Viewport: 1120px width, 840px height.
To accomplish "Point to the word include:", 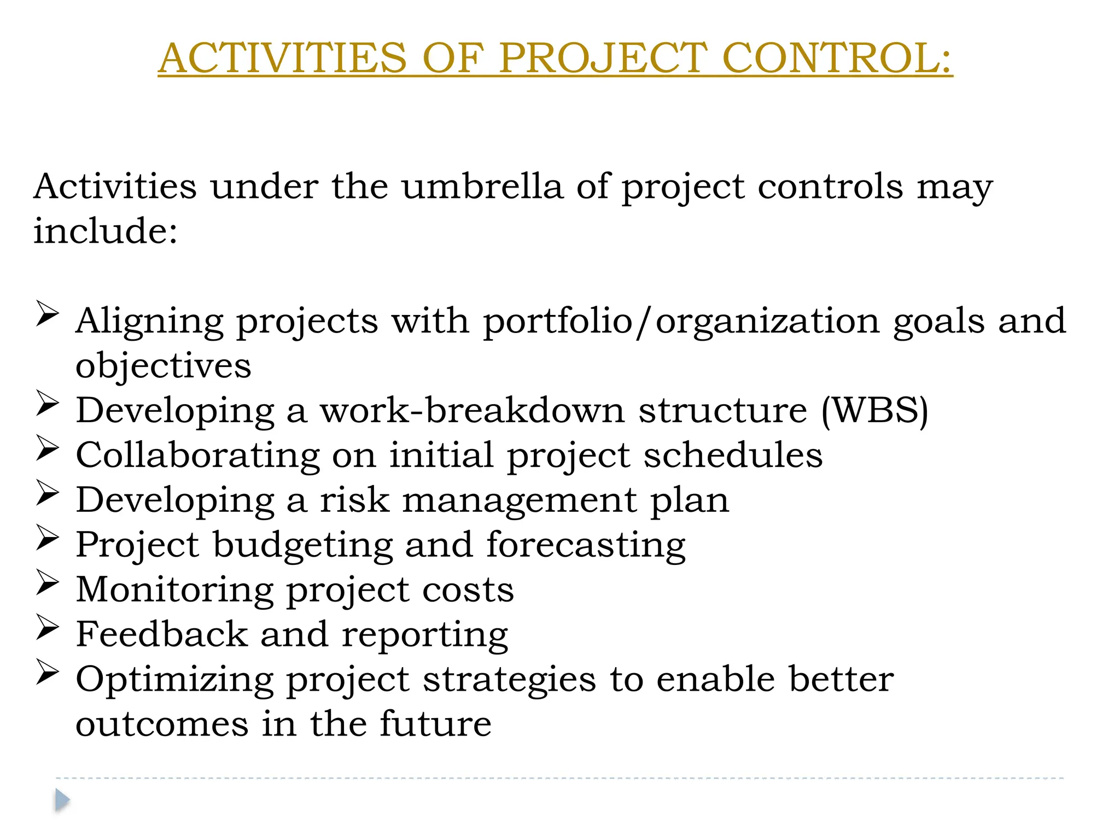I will (106, 231).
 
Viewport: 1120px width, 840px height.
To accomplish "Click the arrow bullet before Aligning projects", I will (48, 314).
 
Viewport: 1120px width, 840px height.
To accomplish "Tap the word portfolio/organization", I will (681, 321).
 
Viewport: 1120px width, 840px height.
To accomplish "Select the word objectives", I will (163, 366).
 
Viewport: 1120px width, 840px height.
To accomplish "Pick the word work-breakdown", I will (472, 410).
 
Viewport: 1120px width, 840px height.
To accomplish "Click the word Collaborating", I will (197, 455).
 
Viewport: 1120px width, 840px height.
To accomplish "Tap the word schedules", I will (733, 455).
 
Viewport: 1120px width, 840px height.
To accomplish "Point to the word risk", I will (354, 500).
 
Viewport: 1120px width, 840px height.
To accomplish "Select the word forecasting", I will (586, 545).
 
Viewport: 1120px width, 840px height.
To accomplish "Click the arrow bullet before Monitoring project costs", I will (48, 582).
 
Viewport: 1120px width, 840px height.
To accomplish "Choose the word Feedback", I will (162, 634).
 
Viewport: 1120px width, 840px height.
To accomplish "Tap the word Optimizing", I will (174, 680).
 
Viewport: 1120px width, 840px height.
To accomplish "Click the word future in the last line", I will (435, 724).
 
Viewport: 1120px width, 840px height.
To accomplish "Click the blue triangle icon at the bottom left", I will (62, 800).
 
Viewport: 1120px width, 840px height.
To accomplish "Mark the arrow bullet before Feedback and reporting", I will (48, 627).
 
